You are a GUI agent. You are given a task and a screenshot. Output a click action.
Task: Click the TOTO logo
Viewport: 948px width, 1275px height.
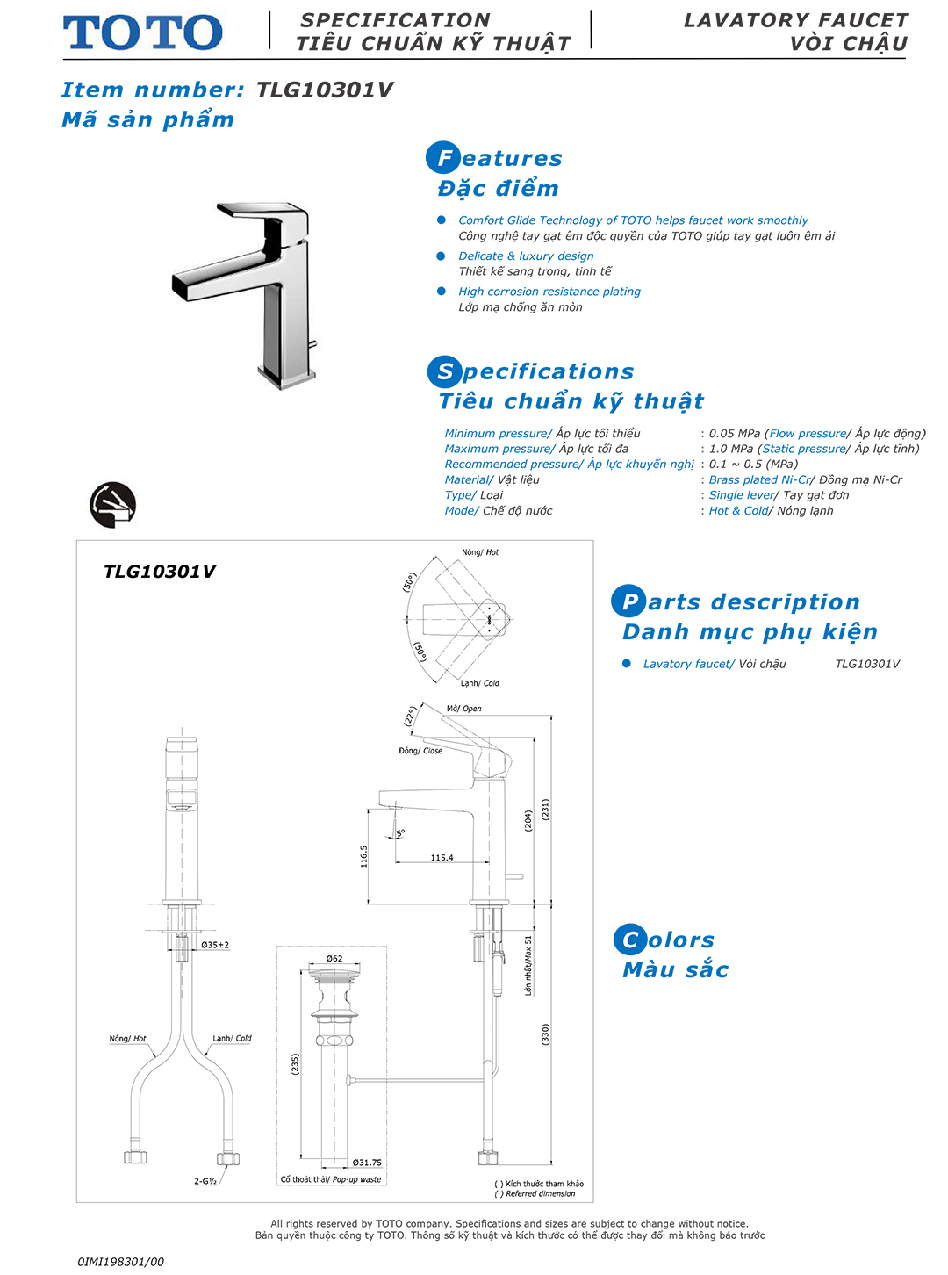pos(142,32)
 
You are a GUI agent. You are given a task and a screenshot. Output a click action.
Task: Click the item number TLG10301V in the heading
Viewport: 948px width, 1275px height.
pos(324,90)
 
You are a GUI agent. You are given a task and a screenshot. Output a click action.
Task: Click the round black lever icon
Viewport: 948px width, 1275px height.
pos(113,505)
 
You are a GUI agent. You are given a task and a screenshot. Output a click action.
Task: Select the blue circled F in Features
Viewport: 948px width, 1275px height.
pos(443,158)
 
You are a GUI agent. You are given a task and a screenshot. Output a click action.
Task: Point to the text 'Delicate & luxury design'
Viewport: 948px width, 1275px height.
pos(526,256)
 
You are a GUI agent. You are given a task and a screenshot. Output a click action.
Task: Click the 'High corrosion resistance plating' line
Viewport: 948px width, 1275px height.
pos(549,292)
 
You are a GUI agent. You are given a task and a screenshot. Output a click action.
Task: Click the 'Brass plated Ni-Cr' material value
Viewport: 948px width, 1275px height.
pos(759,479)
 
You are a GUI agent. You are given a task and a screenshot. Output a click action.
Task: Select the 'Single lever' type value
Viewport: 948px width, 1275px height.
pos(742,495)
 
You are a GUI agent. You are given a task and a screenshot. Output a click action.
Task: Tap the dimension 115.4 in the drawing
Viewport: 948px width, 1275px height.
pos(442,857)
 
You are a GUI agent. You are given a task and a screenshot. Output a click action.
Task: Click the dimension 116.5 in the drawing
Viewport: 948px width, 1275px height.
pos(363,856)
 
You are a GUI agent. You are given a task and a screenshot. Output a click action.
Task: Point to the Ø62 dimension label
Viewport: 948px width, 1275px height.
pos(334,958)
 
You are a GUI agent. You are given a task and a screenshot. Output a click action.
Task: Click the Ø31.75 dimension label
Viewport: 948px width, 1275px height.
pos(367,1163)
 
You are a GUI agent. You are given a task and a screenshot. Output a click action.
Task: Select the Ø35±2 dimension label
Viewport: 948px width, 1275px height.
pos(215,945)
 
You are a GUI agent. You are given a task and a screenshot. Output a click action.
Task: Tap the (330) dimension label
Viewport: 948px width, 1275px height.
pos(545,1034)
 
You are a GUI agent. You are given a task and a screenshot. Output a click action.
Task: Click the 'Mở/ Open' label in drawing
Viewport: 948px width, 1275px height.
pos(463,709)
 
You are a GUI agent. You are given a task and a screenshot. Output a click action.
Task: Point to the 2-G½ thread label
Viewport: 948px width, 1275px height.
pos(205,1181)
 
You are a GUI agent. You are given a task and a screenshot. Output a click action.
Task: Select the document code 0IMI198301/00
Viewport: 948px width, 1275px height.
pos(120,1262)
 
